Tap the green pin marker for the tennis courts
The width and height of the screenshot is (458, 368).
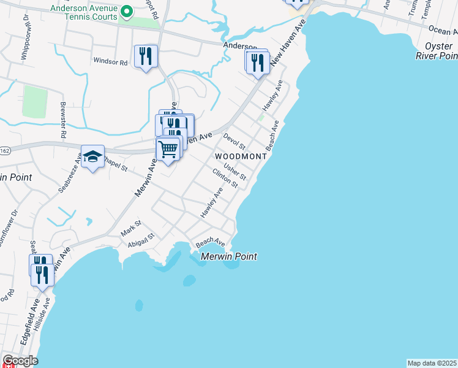tap(127, 11)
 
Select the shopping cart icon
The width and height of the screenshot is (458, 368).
tap(168, 148)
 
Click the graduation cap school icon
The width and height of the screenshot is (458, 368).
tap(92, 156)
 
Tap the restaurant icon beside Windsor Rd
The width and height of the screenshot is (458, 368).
tap(146, 56)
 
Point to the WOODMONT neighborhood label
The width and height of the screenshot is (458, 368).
tap(241, 156)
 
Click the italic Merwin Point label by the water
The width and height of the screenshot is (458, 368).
tap(228, 256)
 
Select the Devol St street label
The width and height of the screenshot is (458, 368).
tap(235, 142)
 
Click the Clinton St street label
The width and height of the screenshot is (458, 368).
tap(225, 178)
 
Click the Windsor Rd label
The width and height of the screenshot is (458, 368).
tap(110, 61)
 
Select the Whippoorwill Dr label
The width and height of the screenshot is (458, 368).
tap(25, 41)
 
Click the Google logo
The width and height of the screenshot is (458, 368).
tap(20, 361)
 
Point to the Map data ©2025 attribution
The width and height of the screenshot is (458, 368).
tap(432, 363)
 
